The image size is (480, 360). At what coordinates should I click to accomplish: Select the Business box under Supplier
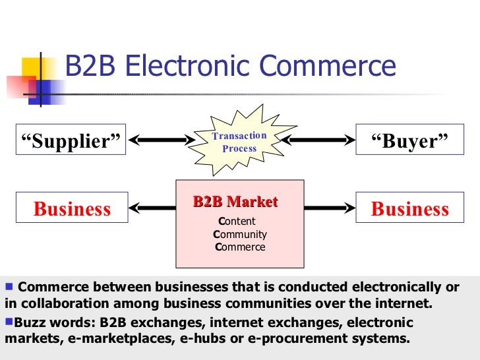pyautogui.click(x=71, y=209)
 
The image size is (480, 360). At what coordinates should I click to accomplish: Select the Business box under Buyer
pyautogui.click(x=409, y=209)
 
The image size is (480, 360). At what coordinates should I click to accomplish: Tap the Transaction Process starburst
pyautogui.click(x=239, y=141)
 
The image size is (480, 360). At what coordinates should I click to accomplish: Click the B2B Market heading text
pyautogui.click(x=235, y=202)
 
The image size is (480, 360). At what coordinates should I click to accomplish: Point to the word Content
pyautogui.click(x=237, y=222)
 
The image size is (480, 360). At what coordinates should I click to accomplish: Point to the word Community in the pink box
pyautogui.click(x=240, y=234)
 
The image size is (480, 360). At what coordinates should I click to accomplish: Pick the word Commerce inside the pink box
pyautogui.click(x=240, y=247)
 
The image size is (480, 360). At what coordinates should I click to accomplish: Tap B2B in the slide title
pyautogui.click(x=90, y=67)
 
